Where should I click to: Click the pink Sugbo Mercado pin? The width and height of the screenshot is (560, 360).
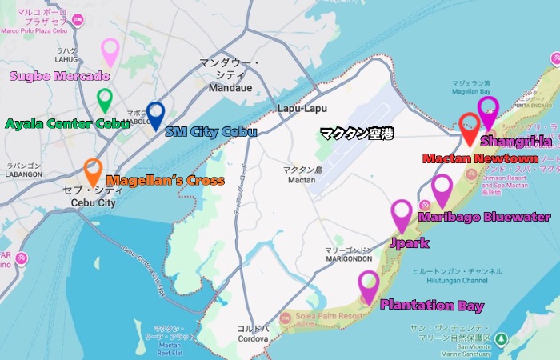110,50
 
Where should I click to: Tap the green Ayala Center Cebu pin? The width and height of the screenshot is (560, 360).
104,99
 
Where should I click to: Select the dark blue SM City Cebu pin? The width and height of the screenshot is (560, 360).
155,114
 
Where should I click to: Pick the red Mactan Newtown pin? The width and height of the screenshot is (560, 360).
470,127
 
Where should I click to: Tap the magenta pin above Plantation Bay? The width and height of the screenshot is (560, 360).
369,284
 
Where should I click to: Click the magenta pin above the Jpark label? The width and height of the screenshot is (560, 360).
402,214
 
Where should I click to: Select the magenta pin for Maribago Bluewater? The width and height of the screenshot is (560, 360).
442,188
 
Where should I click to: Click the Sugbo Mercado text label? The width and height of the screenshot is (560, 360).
59,77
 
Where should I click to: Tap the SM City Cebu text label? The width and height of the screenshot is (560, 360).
210,131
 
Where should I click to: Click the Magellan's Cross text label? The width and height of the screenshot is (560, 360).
165,181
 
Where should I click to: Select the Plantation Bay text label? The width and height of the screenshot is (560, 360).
431,306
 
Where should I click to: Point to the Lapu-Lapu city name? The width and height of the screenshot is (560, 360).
298,108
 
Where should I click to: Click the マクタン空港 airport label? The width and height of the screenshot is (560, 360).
357,133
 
